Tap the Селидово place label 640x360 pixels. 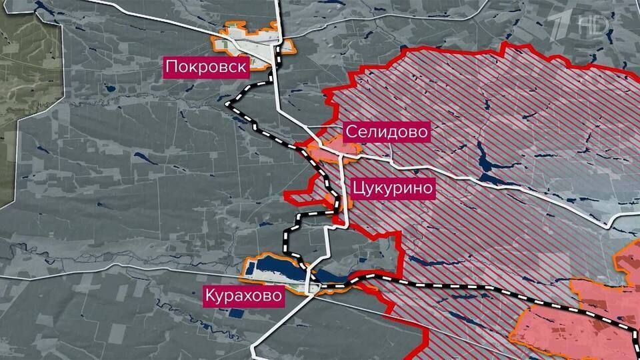[x=387, y=131]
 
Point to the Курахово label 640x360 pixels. [x=243, y=294]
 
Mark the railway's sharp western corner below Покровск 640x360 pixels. [x=228, y=105]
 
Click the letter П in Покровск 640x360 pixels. [x=171, y=66]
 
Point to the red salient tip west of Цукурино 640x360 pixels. [x=287, y=195]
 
